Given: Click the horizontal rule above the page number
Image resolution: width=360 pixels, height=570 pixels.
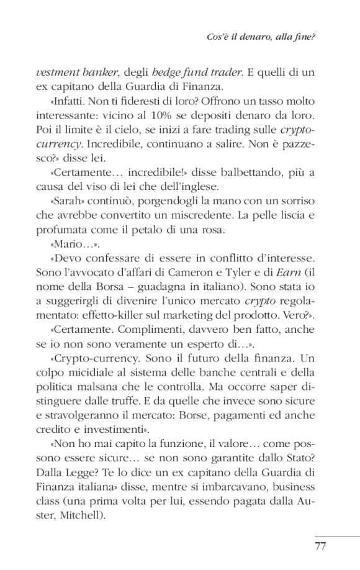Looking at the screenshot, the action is (x=336, y=535).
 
